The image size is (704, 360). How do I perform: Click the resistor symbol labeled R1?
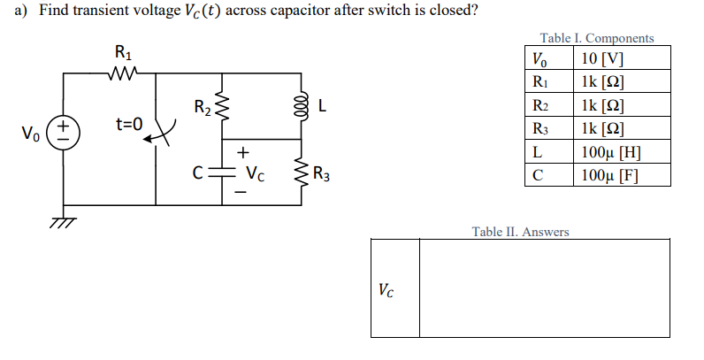coord(119,75)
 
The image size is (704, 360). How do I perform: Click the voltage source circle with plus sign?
coord(64,138)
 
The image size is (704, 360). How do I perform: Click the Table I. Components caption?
coord(597,38)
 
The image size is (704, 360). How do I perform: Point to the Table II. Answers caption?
coord(520,232)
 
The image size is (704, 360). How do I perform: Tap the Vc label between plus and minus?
coord(255,172)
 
